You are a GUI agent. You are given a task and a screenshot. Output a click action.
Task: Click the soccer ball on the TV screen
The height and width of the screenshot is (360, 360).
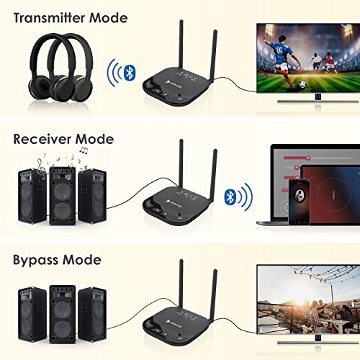303,84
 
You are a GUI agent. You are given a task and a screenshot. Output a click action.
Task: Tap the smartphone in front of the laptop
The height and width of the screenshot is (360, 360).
299,202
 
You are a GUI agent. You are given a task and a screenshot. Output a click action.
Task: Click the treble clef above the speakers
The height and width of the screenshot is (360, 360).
41,169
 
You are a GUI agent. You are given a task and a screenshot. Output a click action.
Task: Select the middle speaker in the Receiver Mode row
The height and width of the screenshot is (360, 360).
63,196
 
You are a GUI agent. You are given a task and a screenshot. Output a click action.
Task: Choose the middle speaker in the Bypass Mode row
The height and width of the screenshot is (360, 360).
63,315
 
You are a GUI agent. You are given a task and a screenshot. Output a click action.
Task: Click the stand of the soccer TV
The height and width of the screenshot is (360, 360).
318,99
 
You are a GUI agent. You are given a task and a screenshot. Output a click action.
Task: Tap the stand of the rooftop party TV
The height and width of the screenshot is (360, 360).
318,341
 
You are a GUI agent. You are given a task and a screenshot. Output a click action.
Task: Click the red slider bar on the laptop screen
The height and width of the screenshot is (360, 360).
297,158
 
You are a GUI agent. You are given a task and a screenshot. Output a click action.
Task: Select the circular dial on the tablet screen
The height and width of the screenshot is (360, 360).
333,194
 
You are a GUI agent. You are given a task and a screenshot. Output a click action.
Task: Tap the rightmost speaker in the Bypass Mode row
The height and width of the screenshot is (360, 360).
92,315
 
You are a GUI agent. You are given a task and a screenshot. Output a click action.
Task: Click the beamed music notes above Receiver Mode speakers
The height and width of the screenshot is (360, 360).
84,150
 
